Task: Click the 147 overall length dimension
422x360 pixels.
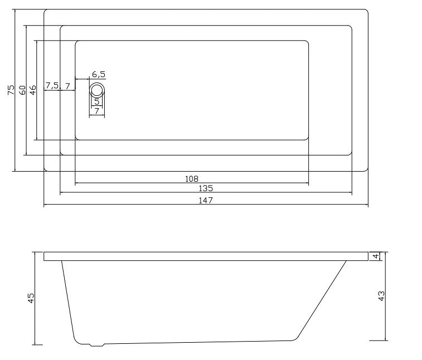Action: point(206,201)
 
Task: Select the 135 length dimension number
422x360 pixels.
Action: point(206,188)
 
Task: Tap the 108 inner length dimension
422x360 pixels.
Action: point(192,179)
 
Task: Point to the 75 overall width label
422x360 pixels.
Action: point(11,90)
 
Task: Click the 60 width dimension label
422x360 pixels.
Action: point(23,90)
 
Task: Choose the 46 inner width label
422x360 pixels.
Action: point(32,90)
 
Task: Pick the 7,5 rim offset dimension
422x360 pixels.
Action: point(52,86)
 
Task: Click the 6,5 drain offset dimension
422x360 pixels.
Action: point(99,74)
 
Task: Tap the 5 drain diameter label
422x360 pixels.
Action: point(97,102)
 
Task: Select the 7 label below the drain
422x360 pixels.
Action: point(97,110)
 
